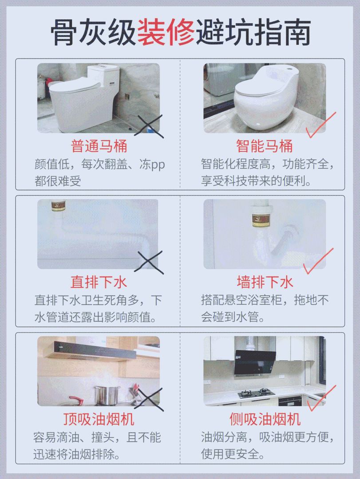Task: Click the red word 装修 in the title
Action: [166, 32]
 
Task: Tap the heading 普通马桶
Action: [99, 146]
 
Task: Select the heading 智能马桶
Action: [265, 146]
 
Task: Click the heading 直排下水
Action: [99, 282]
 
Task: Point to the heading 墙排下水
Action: [265, 282]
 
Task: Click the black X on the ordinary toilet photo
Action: [149, 126]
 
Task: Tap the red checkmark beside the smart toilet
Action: [320, 125]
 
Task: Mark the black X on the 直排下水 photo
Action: [149, 263]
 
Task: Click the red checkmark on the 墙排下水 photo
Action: [318, 261]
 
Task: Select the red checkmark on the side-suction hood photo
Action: [321, 398]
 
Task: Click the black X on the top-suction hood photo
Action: [149, 399]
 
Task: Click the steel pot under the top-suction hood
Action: [107, 396]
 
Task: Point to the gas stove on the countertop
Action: [256, 393]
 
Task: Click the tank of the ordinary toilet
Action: [103, 75]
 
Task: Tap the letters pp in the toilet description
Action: [158, 165]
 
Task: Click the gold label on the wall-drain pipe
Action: [260, 220]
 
